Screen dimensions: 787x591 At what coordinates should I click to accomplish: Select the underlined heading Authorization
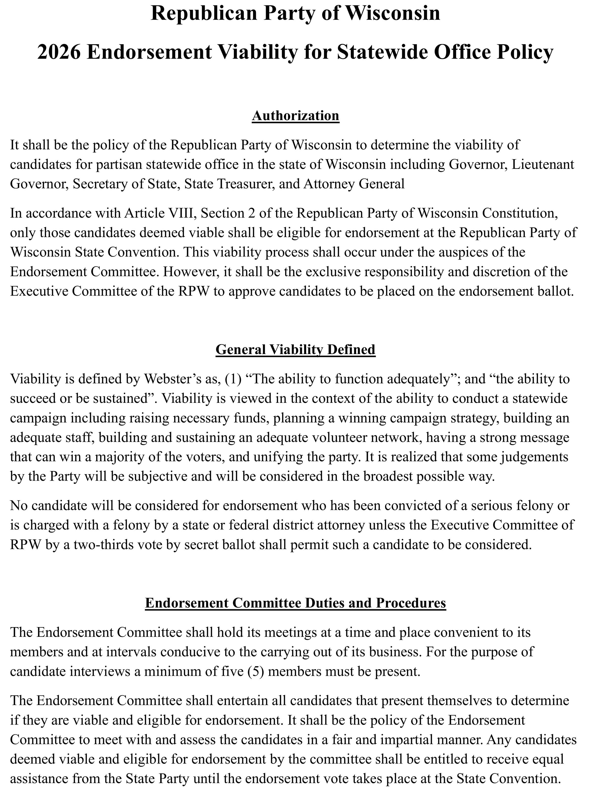coord(295,116)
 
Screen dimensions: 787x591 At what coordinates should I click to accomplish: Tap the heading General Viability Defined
coord(295,349)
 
